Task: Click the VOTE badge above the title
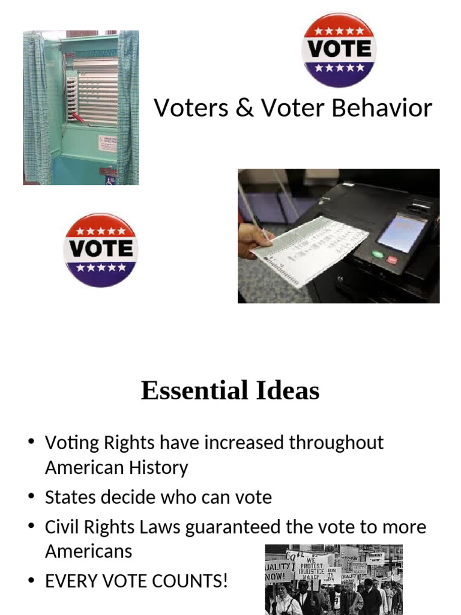point(339,50)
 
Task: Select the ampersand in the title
point(244,108)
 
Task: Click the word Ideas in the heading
point(287,391)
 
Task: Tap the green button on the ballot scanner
point(378,253)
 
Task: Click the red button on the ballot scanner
point(392,259)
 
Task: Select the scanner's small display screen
point(401,233)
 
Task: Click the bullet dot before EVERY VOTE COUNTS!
point(31,581)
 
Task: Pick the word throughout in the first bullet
point(336,443)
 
